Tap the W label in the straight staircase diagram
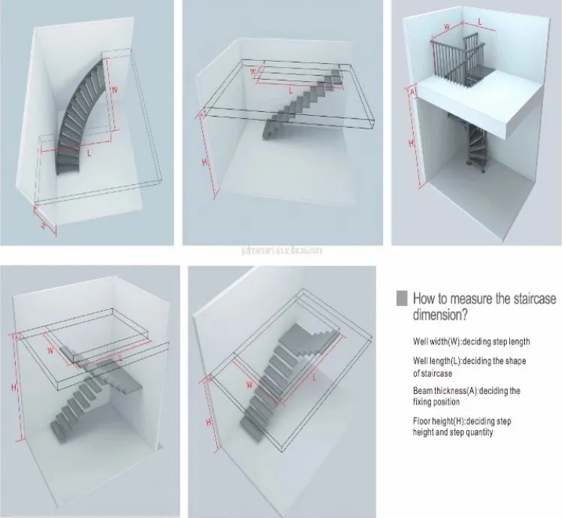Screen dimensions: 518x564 pyautogui.click(x=254, y=72)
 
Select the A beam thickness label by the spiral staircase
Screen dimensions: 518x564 pyautogui.click(x=412, y=92)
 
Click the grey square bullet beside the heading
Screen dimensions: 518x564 pyautogui.click(x=402, y=298)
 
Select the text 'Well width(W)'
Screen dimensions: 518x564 pyautogui.click(x=438, y=341)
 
